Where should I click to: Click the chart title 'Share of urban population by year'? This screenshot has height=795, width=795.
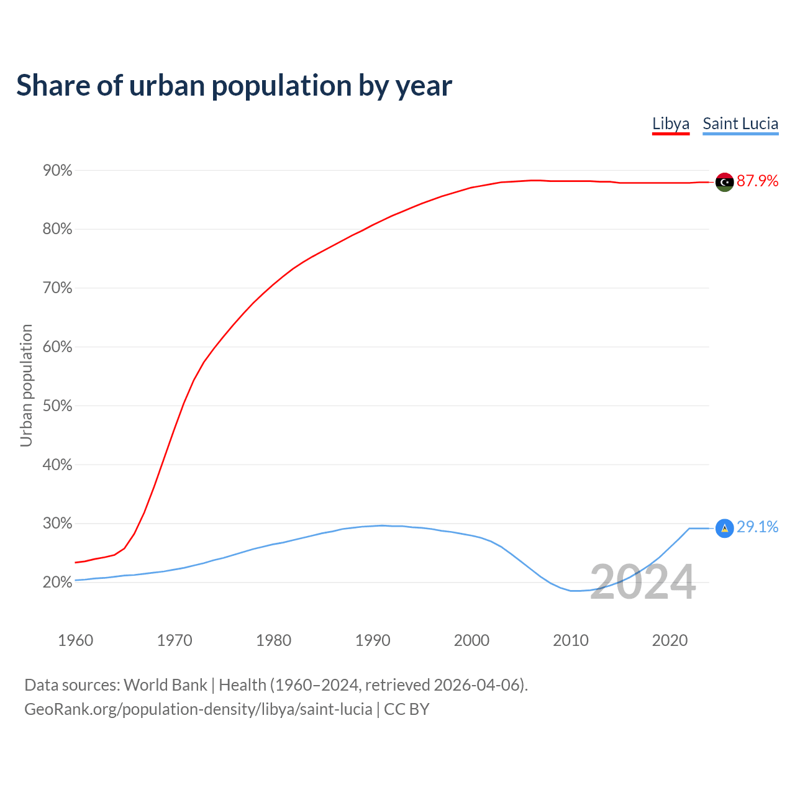point(234,86)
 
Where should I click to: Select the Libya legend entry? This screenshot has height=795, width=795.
point(671,124)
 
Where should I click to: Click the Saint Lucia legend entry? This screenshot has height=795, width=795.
point(740,124)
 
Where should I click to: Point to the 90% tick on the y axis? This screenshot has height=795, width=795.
point(57,170)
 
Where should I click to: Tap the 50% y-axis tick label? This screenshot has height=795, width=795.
point(57,406)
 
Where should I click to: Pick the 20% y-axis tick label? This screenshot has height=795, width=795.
point(57,582)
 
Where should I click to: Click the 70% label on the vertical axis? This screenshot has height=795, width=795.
point(57,288)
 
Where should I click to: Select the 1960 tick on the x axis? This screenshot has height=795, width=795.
point(75,640)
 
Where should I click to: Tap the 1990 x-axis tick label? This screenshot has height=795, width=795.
point(373,640)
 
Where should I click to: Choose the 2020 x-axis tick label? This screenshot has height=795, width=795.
point(670,640)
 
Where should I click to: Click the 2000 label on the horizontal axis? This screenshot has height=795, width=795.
point(471,640)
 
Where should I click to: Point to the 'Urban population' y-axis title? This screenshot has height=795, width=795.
point(26,385)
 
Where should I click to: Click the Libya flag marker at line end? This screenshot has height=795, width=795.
point(724,182)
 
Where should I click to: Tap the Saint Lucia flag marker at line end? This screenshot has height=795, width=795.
point(724,528)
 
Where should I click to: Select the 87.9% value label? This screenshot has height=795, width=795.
point(757,181)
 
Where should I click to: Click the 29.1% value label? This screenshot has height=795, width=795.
point(757,527)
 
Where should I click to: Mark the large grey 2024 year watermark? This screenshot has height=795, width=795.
point(643,582)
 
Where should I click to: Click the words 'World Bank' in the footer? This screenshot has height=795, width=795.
point(165,684)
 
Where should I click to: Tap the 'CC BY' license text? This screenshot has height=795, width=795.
point(407,709)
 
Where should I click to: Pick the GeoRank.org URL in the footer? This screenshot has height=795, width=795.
point(198,709)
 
